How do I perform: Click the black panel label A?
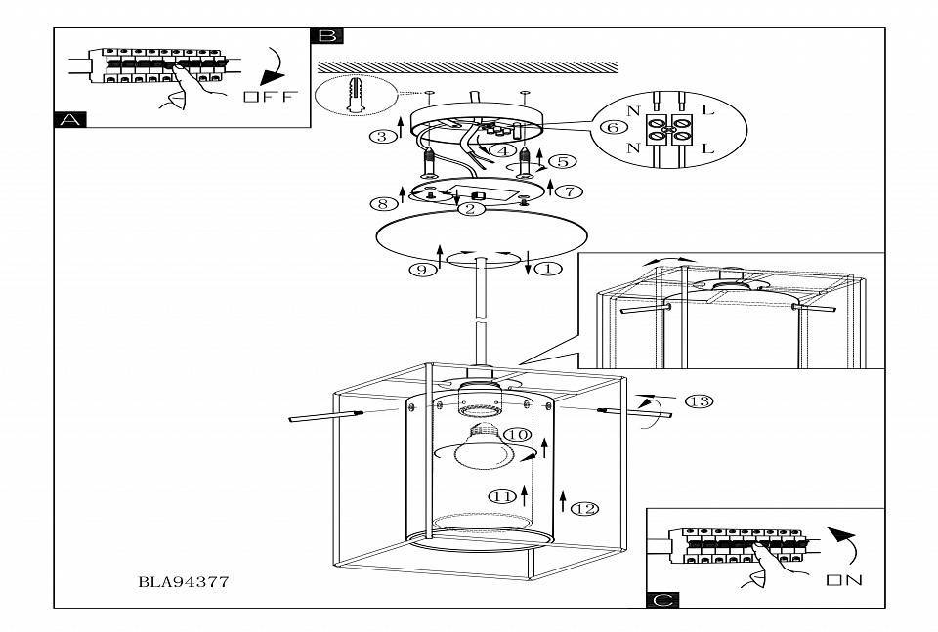pos(69,119)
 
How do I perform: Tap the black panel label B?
pos(327,36)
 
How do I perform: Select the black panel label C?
pos(662,600)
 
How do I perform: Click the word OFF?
pos(271,97)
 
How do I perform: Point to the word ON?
pos(844,579)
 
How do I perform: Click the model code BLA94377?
pos(184,582)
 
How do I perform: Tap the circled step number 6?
pos(613,127)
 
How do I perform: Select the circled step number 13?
pos(699,401)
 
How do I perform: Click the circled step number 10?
pos(518,434)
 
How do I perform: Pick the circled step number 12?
pos(584,509)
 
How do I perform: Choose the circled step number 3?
pos(382,137)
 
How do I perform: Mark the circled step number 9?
pos(422,270)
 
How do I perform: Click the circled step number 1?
pos(548,269)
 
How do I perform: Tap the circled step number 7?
pos(570,191)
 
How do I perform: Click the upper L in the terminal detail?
pos(707,110)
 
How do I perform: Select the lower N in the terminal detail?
pos(633,147)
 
